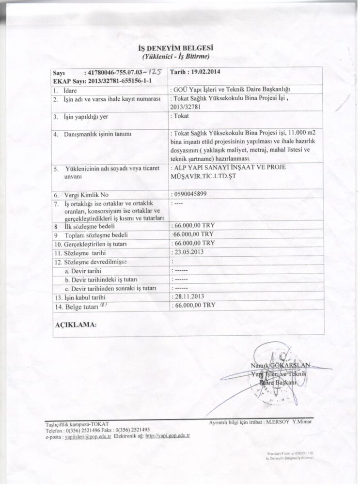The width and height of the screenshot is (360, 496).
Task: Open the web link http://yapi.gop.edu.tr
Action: (x=167, y=435)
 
